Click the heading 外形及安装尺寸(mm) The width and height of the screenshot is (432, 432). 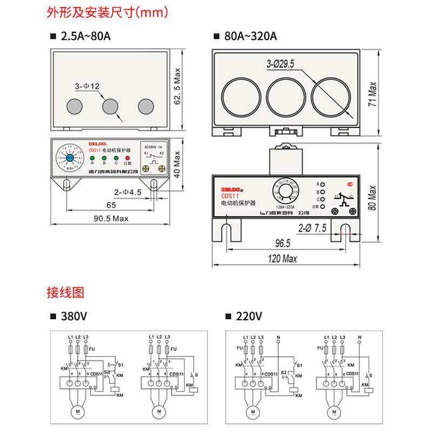pyautogui.click(x=108, y=11)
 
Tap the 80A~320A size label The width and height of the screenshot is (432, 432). pyautogui.click(x=249, y=37)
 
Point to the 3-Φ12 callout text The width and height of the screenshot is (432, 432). pyautogui.click(x=87, y=86)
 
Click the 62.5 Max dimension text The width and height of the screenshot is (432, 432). pyautogui.click(x=178, y=89)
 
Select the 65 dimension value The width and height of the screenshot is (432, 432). pyautogui.click(x=111, y=205)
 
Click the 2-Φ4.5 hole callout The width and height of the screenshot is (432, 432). pyautogui.click(x=127, y=192)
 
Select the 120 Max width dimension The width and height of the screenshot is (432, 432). pyautogui.click(x=282, y=259)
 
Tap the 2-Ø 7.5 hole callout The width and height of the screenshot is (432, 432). pyautogui.click(x=314, y=228)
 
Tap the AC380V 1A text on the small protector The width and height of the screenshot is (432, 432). pyautogui.click(x=153, y=146)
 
